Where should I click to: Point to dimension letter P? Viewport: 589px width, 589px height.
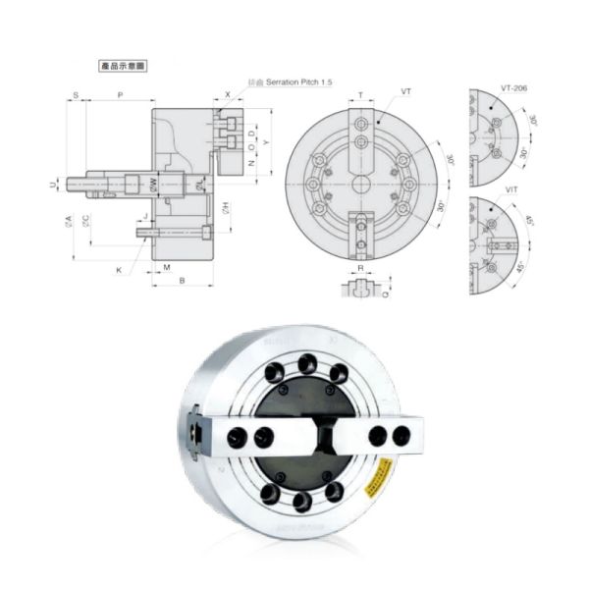point(120,95)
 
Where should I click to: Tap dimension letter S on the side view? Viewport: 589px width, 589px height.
point(76,95)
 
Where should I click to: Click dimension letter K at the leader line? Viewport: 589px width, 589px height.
point(119,269)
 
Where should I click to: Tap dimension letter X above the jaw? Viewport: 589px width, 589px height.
point(228,95)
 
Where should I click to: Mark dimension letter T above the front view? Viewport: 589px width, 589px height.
point(360,95)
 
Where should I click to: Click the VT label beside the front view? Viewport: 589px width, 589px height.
point(405,91)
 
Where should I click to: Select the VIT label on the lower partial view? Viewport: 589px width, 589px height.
point(512,187)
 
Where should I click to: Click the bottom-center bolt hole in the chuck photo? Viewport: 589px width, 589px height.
point(302,502)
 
